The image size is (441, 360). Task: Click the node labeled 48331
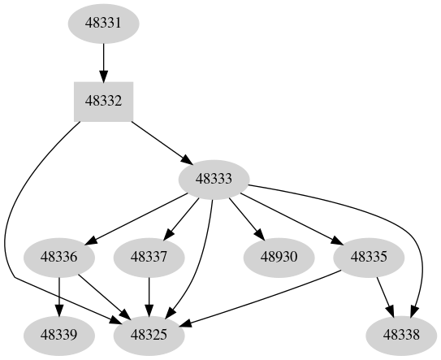[103, 24]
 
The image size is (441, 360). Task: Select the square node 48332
[103, 102]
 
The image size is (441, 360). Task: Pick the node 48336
[60, 258]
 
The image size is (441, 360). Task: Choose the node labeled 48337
[149, 258]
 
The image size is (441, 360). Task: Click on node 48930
[279, 258]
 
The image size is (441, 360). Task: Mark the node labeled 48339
[60, 334]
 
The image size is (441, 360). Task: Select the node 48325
[149, 334]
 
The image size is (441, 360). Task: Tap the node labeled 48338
[403, 334]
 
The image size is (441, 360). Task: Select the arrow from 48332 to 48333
[158, 141]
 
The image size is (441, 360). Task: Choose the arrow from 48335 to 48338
[386, 296]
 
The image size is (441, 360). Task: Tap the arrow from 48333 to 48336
[138, 218]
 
